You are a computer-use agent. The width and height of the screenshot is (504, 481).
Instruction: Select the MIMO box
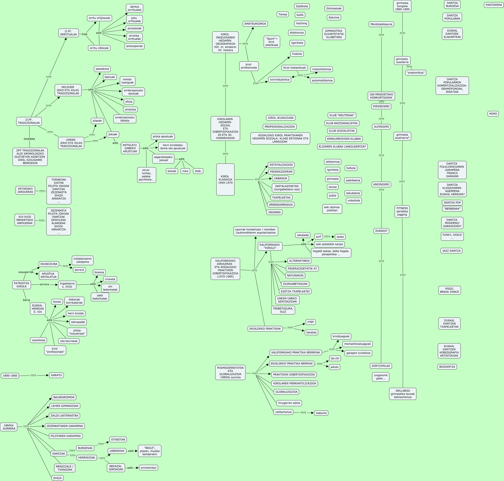coord(493,114)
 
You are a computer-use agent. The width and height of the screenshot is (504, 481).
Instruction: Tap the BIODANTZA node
coord(447,367)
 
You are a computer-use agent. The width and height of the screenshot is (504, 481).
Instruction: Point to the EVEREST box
coord(381,231)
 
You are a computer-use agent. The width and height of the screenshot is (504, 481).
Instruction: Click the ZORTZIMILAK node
coord(381,366)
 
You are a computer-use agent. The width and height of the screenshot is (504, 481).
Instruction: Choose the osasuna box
coord(321,413)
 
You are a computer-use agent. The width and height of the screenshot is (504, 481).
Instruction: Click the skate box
coord(340,237)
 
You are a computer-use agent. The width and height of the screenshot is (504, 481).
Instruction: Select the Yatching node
coord(301,23)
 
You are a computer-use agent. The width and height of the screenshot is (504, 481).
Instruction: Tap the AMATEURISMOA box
coord(255,24)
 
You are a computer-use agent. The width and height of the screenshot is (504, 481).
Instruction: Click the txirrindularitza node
coord(279,80)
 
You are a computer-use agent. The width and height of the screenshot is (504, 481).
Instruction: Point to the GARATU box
coord(56,375)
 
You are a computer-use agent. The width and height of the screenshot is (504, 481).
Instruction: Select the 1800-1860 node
coord(10,376)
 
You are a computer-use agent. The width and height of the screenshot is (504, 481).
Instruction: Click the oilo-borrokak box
coord(69,341)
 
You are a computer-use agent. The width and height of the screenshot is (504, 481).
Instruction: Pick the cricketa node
coord(110,279)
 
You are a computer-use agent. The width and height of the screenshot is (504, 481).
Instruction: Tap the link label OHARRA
coord(29,139)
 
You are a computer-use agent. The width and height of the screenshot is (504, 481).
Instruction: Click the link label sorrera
coord(44,284)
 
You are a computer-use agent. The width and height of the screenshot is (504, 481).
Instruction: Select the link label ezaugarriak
coord(26,272)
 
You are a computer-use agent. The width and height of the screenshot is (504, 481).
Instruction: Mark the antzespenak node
coord(134,46)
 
